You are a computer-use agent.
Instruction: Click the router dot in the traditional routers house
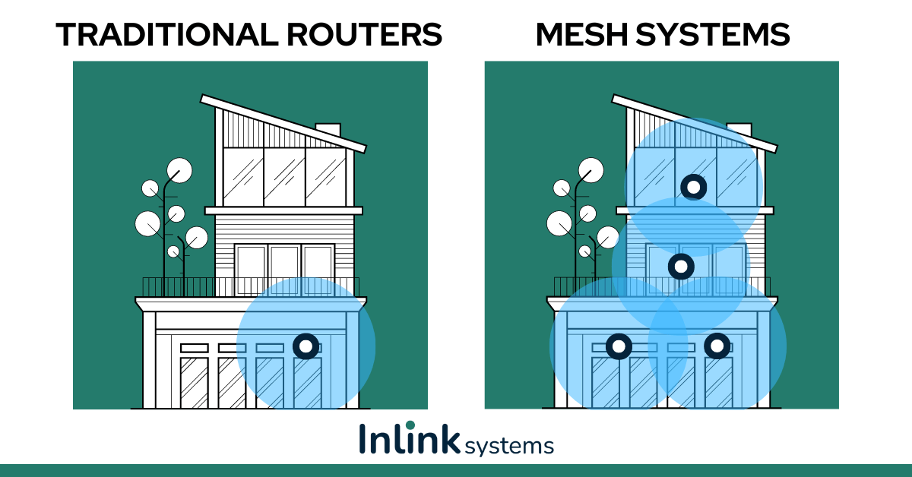306,346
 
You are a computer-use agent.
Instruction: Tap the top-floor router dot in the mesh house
693,186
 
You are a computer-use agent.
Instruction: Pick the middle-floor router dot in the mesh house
681,266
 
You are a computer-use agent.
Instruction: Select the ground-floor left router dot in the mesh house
619,346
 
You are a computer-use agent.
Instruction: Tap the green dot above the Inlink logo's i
410,424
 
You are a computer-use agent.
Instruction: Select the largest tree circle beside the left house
179,170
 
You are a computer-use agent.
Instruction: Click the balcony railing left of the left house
178,287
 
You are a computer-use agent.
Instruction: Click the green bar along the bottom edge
456,470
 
